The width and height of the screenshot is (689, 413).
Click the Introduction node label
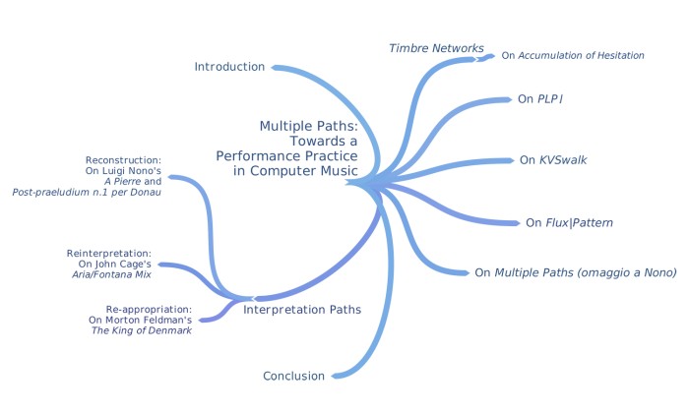click(x=229, y=67)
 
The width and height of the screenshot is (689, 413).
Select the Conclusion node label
click(x=294, y=376)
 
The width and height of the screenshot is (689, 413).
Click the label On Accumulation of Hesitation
click(x=573, y=56)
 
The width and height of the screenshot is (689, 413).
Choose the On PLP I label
click(x=539, y=99)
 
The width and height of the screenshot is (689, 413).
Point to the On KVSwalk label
click(x=554, y=159)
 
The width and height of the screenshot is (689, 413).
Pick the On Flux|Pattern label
click(x=569, y=223)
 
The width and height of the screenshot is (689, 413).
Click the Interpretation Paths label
click(x=301, y=309)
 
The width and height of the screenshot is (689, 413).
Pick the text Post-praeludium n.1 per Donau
click(x=87, y=192)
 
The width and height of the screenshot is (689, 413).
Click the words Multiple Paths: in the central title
click(x=308, y=126)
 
